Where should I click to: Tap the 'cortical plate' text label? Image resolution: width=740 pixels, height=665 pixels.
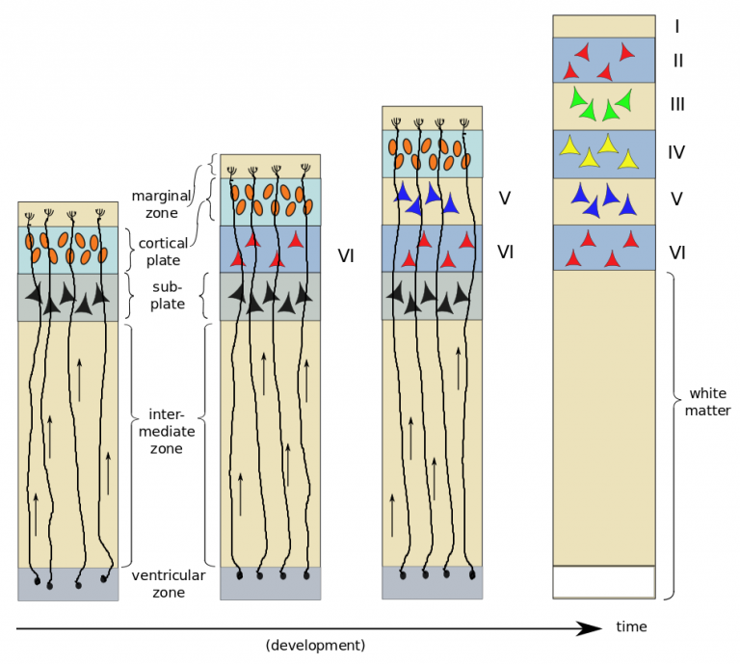(162, 252)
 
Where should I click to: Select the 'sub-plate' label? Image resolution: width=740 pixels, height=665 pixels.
(168, 296)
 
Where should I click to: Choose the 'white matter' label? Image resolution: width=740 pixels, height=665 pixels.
(710, 402)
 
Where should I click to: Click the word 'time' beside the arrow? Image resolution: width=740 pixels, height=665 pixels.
(631, 626)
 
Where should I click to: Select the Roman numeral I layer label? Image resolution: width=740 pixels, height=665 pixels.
(676, 26)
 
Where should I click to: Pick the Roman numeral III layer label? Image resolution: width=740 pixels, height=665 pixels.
(676, 104)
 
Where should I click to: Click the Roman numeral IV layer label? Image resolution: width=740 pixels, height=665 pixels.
(677, 152)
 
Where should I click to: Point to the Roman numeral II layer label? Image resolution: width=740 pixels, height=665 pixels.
(676, 61)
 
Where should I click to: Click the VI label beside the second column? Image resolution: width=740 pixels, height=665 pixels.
(346, 255)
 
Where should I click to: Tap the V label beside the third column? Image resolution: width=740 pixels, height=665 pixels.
(503, 199)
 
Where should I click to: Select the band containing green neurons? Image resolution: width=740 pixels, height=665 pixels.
(603, 106)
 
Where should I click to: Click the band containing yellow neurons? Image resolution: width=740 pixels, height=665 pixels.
(603, 153)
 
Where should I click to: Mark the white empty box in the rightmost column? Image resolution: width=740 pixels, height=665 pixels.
(603, 582)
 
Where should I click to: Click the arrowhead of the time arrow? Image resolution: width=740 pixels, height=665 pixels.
(593, 628)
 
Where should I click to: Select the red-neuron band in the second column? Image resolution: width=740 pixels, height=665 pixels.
(270, 249)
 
